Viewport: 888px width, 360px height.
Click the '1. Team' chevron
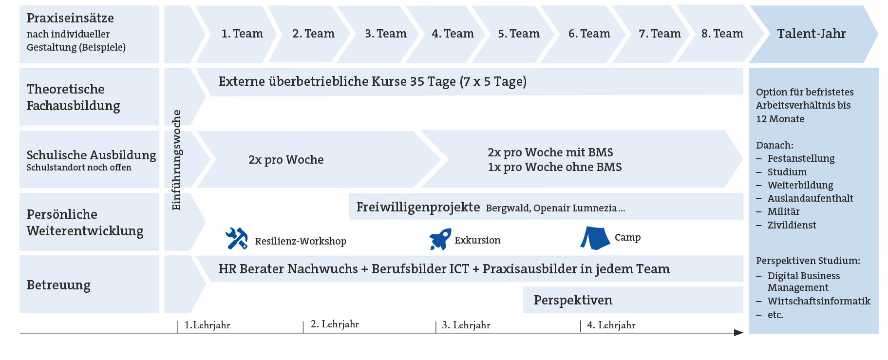(242, 34)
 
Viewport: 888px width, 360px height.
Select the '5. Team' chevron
(518, 34)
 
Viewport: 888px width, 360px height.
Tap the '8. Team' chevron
(722, 34)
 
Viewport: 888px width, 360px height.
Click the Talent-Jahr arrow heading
(811, 34)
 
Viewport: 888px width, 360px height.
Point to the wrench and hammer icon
(237, 239)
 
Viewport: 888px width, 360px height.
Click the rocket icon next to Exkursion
(440, 239)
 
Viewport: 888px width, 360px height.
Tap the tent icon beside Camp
(595, 238)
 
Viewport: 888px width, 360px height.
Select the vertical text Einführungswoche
(176, 160)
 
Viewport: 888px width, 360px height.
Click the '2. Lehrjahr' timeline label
(335, 324)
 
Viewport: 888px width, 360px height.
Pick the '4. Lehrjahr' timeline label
(611, 325)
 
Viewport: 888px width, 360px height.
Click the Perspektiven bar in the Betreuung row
(573, 300)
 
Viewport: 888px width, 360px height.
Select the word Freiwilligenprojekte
(418, 207)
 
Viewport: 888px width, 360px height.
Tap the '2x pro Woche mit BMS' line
(550, 152)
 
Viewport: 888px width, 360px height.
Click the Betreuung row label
(58, 285)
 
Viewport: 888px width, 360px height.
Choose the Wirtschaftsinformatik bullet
(818, 301)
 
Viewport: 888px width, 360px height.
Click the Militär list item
(783, 211)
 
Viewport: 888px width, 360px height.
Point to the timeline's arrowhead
(738, 333)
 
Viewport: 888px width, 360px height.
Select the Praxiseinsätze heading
(70, 18)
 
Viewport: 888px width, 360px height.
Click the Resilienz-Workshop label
(301, 241)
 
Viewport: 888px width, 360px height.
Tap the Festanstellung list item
(801, 158)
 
